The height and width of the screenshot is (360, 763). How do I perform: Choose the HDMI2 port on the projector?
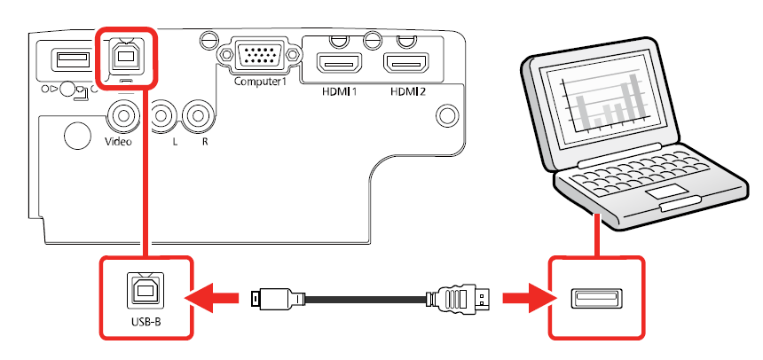tap(406, 62)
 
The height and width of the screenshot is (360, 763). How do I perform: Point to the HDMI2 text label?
tap(406, 90)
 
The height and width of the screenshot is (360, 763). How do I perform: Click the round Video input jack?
tap(122, 114)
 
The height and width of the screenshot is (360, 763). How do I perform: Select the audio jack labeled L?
tap(161, 114)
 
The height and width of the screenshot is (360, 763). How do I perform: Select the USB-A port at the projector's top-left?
tap(67, 59)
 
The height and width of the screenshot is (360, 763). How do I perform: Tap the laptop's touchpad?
tap(661, 192)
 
